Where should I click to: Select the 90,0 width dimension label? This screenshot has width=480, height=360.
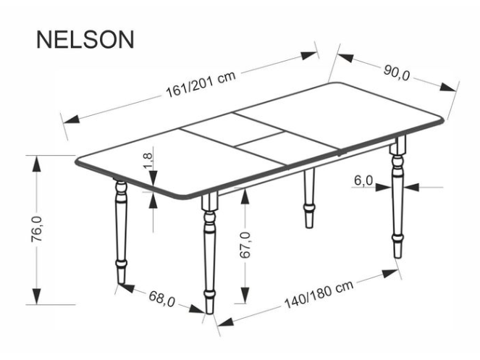[396, 71]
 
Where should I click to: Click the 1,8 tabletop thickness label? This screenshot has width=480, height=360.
[148, 161]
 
